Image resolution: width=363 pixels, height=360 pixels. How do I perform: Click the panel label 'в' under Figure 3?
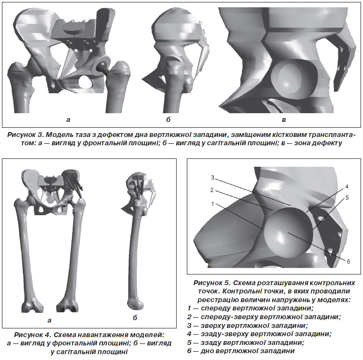[284, 120]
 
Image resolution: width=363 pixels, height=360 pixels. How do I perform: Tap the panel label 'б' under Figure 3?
[168, 120]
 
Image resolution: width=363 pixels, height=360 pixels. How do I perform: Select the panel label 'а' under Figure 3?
[68, 120]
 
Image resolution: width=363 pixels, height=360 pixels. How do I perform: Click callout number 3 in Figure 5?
[213, 178]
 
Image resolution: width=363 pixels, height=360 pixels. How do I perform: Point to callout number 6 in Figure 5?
[348, 262]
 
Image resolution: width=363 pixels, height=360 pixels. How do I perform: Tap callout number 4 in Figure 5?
[347, 187]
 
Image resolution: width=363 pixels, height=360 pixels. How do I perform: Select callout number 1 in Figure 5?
[213, 204]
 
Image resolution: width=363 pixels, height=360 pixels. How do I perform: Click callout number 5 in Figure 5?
[347, 198]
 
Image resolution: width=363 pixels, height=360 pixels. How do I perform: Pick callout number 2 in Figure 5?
[212, 190]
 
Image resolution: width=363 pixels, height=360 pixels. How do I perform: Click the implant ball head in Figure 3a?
[101, 66]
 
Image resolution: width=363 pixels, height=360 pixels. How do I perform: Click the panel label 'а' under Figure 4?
[49, 321]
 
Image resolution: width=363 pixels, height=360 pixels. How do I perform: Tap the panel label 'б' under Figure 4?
[135, 318]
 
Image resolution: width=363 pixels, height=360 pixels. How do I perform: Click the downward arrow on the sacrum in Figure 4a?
[50, 185]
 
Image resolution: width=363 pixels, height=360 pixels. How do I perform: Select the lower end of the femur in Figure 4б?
[135, 303]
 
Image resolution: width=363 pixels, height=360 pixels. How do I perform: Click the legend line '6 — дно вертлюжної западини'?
[241, 351]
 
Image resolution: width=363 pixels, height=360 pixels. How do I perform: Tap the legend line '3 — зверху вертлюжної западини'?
[247, 326]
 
